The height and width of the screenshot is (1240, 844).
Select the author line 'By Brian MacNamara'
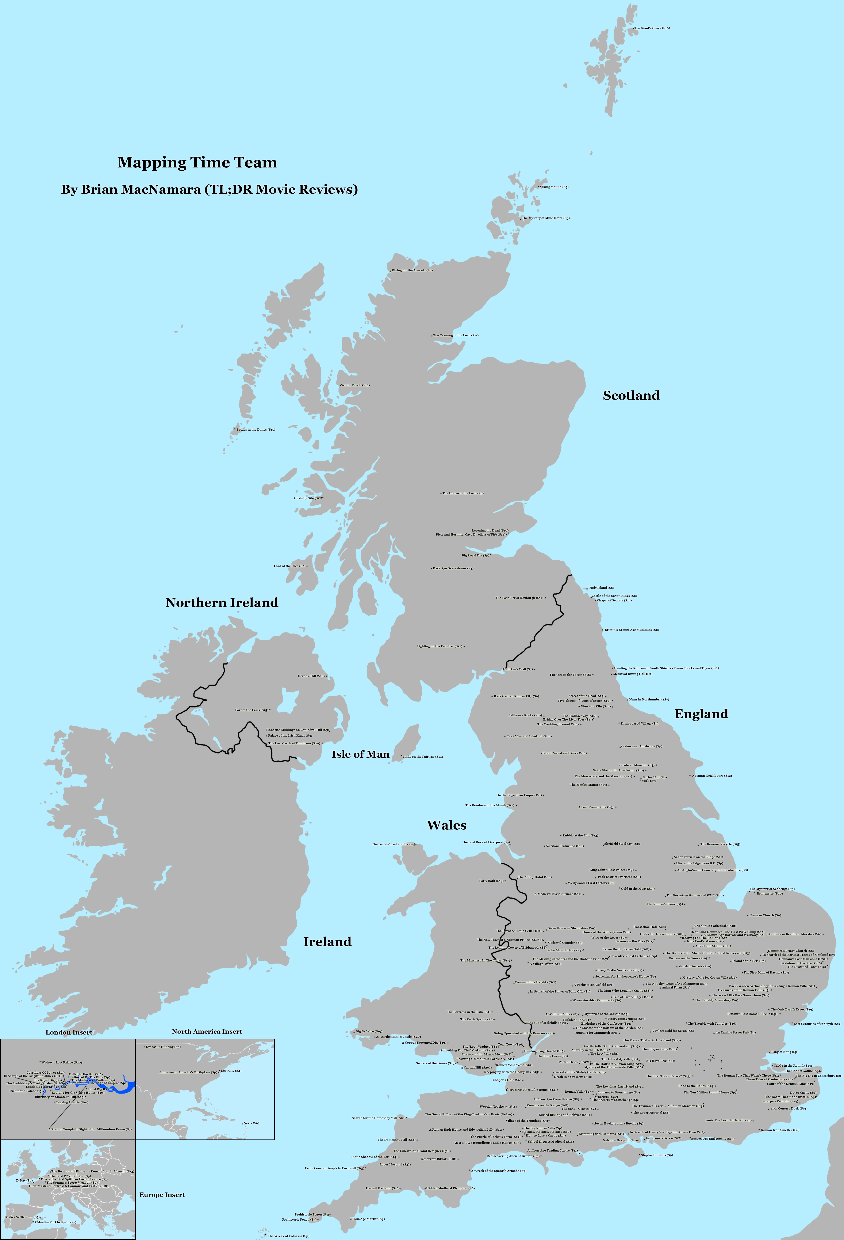pos(209,189)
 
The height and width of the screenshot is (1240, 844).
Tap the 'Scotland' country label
pos(631,395)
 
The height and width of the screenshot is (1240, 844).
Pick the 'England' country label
pos(701,714)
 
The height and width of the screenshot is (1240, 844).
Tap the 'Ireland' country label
pos(327,942)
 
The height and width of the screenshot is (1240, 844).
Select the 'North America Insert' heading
pos(207,1031)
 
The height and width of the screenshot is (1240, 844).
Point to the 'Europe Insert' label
pos(162,1195)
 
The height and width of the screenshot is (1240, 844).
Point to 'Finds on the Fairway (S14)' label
pos(423,757)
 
